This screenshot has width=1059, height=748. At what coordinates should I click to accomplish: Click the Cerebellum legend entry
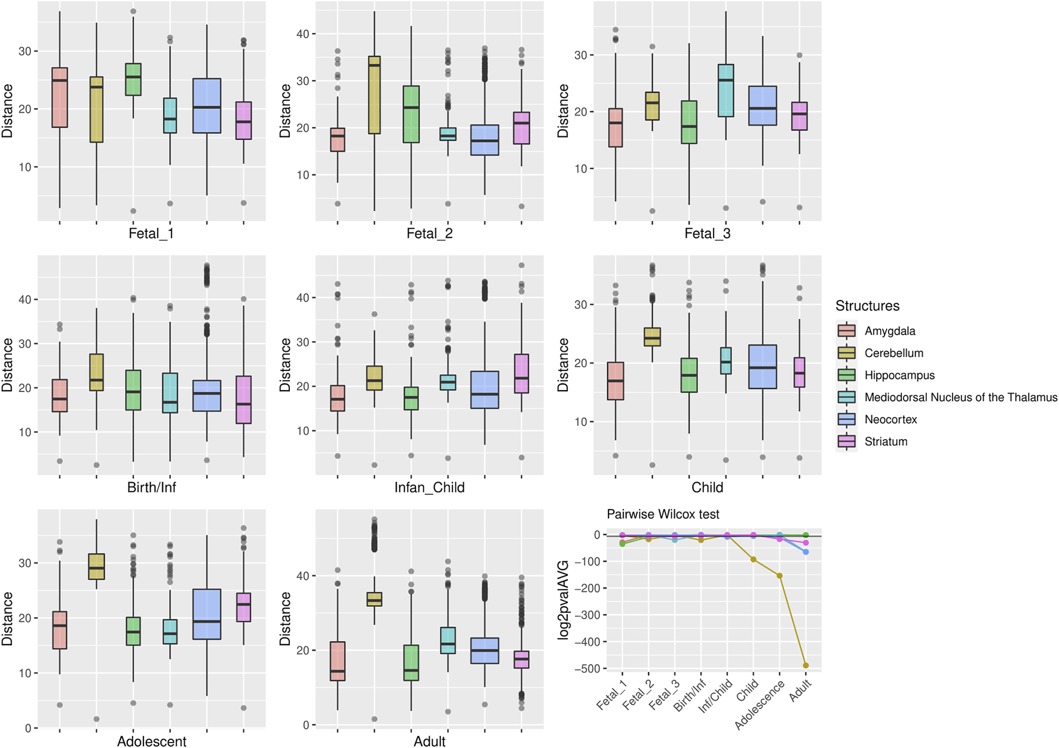click(x=893, y=353)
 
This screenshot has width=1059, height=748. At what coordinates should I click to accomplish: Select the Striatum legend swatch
click(x=846, y=442)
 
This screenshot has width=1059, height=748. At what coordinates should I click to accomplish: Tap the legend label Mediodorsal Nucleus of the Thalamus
click(x=960, y=397)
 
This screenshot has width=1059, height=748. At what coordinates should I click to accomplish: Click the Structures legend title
click(x=867, y=306)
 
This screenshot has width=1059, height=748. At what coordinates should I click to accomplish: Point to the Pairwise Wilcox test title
click(x=663, y=514)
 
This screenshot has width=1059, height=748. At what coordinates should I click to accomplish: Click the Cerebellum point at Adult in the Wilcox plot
click(x=806, y=666)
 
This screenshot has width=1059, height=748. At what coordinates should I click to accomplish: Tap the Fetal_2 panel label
click(x=429, y=234)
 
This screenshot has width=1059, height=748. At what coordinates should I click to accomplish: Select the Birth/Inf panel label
click(x=151, y=488)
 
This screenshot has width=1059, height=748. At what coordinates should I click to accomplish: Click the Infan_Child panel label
click(x=429, y=488)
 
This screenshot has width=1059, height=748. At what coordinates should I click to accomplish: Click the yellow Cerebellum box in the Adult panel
click(x=375, y=599)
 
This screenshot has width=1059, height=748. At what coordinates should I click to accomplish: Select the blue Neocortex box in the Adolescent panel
click(x=207, y=614)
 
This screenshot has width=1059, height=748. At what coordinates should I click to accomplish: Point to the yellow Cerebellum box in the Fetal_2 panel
click(x=375, y=95)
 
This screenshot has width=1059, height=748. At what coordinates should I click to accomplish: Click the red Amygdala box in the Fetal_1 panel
click(x=60, y=97)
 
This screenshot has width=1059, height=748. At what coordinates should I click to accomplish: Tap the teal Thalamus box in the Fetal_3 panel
click(x=726, y=90)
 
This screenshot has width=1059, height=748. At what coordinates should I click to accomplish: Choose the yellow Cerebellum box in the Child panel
click(x=652, y=337)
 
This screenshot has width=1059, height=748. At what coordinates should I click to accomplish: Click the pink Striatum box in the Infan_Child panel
click(x=522, y=373)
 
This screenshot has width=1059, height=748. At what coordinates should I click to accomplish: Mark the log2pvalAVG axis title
click(x=563, y=600)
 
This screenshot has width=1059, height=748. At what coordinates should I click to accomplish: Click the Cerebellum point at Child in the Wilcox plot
click(x=754, y=560)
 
